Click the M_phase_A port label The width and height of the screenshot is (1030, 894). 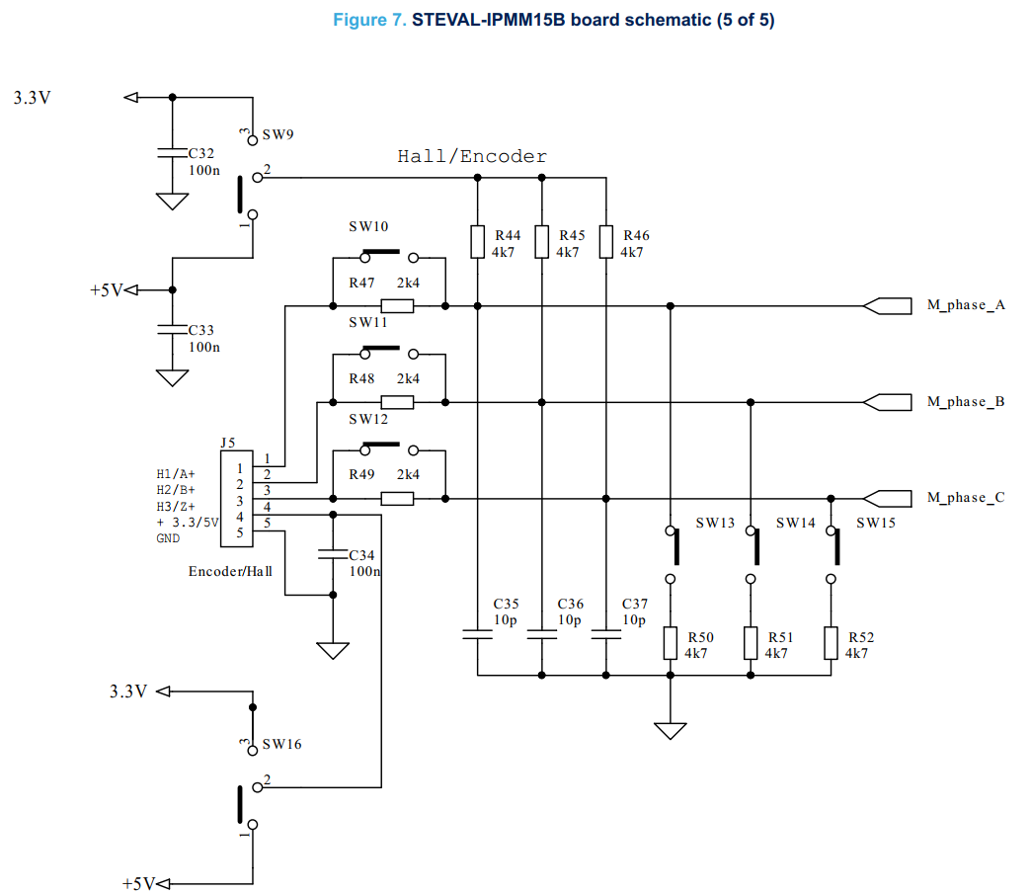click(x=965, y=305)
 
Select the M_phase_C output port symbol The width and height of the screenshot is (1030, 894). click(x=887, y=497)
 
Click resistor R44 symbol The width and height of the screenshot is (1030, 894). click(x=477, y=241)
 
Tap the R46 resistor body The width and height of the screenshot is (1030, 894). click(x=605, y=241)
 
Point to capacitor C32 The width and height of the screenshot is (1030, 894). click(x=173, y=154)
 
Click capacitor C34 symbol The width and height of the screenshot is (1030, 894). click(x=333, y=556)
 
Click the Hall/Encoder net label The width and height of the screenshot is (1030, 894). click(x=471, y=156)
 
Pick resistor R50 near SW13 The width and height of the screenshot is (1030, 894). click(x=670, y=643)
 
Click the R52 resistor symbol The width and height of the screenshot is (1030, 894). click(x=831, y=643)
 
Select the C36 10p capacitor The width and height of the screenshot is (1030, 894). click(x=541, y=633)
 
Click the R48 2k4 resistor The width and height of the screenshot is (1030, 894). click(x=397, y=402)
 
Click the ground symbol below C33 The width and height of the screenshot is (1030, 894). click(x=173, y=378)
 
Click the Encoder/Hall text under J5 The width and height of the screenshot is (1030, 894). click(x=230, y=571)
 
